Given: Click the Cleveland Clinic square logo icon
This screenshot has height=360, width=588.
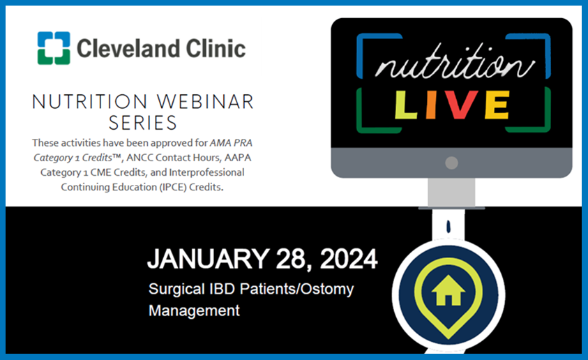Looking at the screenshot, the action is (54, 48).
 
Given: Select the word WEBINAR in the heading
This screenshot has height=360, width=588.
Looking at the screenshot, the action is (205, 102).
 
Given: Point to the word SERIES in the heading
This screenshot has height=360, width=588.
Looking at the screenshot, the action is (143, 123).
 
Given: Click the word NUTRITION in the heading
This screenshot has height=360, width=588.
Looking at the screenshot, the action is (89, 102).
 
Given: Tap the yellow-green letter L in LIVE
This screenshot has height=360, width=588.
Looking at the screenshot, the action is (405, 105).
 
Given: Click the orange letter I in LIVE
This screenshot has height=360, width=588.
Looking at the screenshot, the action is (431, 105).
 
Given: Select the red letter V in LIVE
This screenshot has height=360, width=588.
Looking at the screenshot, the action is (460, 105).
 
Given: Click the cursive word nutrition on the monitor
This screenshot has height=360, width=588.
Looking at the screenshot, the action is (455, 62).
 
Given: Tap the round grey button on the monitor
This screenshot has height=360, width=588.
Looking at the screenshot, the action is (451, 163).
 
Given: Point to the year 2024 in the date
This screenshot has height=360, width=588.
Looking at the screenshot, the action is (348, 259).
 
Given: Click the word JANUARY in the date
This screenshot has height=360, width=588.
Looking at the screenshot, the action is (208, 259).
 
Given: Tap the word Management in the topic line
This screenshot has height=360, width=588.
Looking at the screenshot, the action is (194, 311).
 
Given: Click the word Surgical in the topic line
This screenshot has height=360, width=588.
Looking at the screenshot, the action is (176, 289).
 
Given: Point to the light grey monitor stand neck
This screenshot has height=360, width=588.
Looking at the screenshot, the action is (451, 193).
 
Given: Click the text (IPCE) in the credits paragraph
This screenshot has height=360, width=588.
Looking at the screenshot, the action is (173, 187).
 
